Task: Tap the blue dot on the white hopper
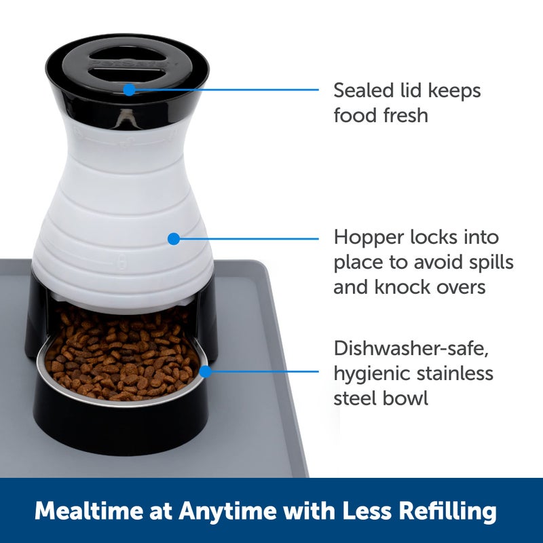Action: pyautogui.click(x=173, y=238)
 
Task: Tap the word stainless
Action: pyautogui.click(x=456, y=373)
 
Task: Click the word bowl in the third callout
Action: pyautogui.click(x=407, y=397)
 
